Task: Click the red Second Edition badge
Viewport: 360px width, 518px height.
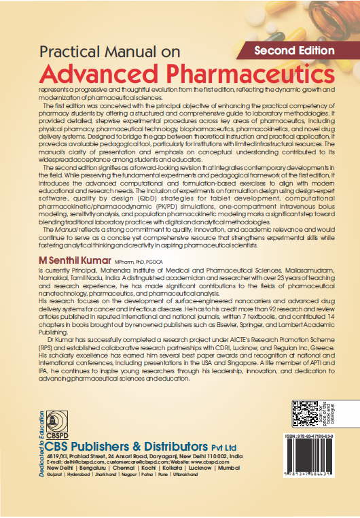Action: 293,50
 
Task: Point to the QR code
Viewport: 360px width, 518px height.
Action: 304,413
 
